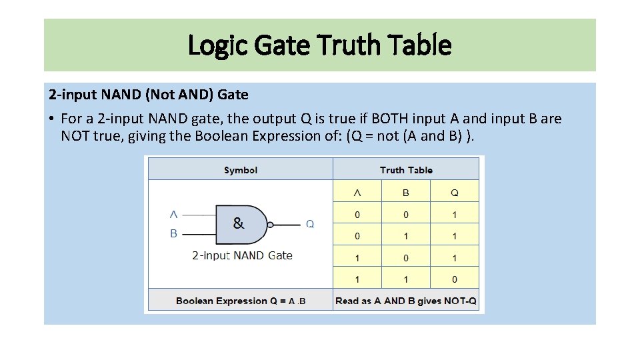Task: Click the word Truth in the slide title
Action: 347,46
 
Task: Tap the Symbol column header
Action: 241,170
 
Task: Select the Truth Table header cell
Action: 406,170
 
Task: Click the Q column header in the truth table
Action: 455,193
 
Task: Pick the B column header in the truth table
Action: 405,193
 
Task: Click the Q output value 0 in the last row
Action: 455,279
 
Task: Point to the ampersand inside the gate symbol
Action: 239,223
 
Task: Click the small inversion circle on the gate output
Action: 271,225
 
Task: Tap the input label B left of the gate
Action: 174,233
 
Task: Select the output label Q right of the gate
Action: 310,225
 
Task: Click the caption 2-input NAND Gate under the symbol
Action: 242,255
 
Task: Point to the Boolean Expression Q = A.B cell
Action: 241,301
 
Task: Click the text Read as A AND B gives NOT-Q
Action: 406,301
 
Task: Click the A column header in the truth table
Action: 357,193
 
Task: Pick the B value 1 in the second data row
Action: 405,236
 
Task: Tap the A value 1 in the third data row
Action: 357,258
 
